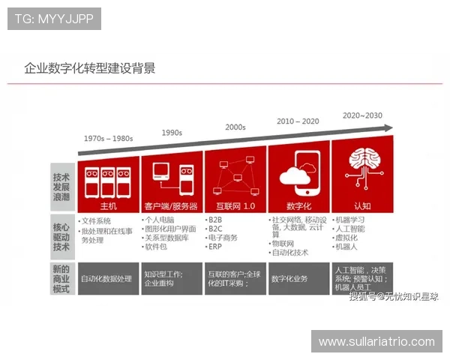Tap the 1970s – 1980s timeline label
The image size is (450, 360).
click(x=108, y=139)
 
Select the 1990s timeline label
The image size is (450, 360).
click(x=172, y=133)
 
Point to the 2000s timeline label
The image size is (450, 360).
click(x=235, y=127)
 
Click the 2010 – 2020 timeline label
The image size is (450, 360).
click(x=298, y=121)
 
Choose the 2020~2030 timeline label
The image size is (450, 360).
click(x=362, y=115)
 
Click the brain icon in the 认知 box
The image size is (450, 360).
click(x=362, y=172)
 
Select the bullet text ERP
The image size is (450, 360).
click(x=215, y=247)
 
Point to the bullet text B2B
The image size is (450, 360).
click(x=215, y=220)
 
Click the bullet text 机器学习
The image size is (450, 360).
click(x=350, y=220)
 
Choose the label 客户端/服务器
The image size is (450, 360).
click(x=172, y=205)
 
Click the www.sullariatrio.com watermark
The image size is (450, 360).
click(x=376, y=341)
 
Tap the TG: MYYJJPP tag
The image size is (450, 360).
click(x=54, y=18)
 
